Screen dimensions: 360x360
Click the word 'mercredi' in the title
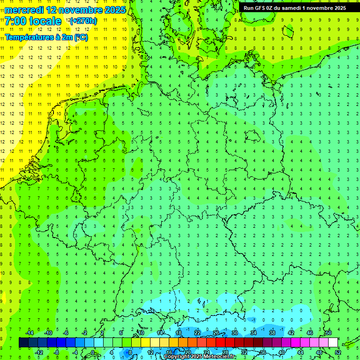click(x=24, y=9)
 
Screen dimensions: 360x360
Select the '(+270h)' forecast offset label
click(x=83, y=21)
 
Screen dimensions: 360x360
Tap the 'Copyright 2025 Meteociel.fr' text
click(x=200, y=356)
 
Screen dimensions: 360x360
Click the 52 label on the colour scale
click(x=338, y=352)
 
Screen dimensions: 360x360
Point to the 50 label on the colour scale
click(x=329, y=333)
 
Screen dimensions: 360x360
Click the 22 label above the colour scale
click(x=197, y=333)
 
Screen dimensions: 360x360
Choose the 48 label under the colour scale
click(x=319, y=352)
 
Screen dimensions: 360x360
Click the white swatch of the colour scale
click(x=333, y=343)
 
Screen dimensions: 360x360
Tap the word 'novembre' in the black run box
click(x=320, y=7)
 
